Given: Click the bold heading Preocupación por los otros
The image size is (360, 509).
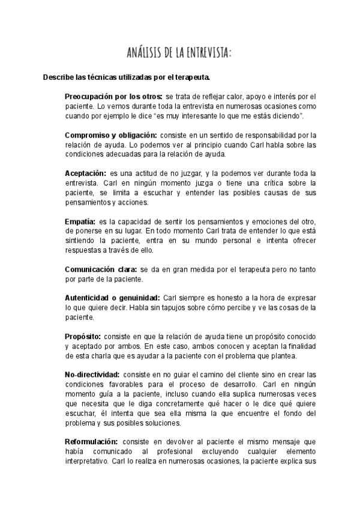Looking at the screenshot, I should tap(113, 96).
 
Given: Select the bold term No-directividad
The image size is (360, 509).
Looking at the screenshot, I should tap(93, 374).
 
